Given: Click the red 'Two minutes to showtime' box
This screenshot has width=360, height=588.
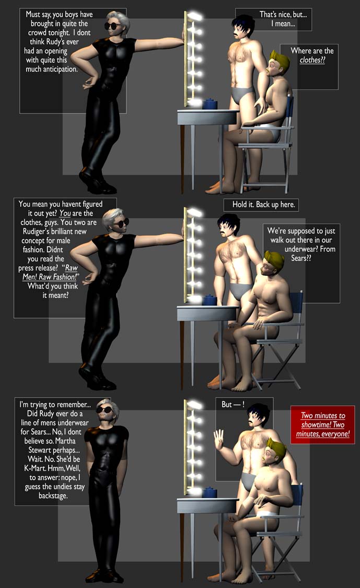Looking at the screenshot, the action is tap(322, 424).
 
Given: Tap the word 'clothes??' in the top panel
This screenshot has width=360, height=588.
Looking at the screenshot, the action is tap(312, 60).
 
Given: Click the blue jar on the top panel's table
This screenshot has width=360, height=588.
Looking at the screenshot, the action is tap(210, 104).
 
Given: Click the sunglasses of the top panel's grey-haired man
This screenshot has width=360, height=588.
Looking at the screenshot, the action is tap(112, 26).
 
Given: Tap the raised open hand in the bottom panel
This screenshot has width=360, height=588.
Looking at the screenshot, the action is tap(218, 439).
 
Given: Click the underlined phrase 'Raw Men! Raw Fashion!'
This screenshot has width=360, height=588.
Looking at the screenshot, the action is tap(50, 273).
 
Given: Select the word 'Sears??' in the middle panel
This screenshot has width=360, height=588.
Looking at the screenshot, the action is tap(301, 258).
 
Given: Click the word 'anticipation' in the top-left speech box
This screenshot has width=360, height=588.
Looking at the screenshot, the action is tap(51, 70).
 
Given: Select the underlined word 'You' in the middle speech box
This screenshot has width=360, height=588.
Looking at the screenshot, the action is tap(65, 213).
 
